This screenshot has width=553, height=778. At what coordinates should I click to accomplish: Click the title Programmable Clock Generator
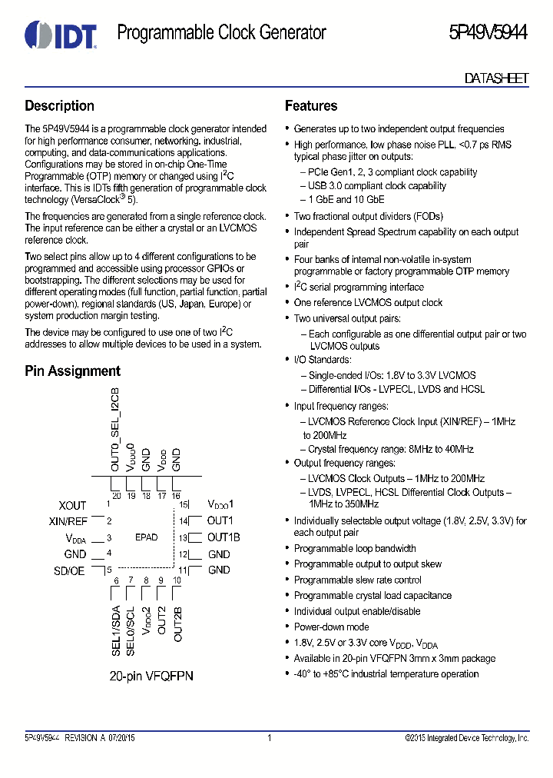[x=221, y=33]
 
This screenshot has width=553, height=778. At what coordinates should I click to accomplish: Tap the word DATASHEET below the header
[x=496, y=78]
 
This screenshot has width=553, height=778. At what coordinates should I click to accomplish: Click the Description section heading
[x=60, y=106]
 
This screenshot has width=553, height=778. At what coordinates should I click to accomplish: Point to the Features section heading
[x=311, y=106]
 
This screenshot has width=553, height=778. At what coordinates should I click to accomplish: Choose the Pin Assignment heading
[x=72, y=371]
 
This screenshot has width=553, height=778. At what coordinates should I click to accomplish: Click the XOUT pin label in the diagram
[x=73, y=505]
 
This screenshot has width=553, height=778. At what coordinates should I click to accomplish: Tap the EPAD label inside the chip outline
[x=146, y=537]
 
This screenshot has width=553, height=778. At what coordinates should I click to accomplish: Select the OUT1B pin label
[x=224, y=537]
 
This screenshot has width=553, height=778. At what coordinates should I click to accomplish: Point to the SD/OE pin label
[x=70, y=570]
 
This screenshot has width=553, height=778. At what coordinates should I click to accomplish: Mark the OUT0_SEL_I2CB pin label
[x=115, y=431]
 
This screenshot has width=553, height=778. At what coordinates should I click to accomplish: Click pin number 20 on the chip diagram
[x=116, y=496]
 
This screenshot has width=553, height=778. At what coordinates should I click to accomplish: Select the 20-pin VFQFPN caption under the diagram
[x=151, y=676]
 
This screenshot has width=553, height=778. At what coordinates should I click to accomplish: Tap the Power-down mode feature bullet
[x=331, y=627]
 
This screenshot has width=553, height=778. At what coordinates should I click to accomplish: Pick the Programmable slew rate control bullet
[x=357, y=580]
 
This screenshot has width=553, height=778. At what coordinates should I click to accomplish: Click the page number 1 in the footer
[x=270, y=738]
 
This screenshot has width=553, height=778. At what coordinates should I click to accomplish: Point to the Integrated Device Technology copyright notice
[x=466, y=738]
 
